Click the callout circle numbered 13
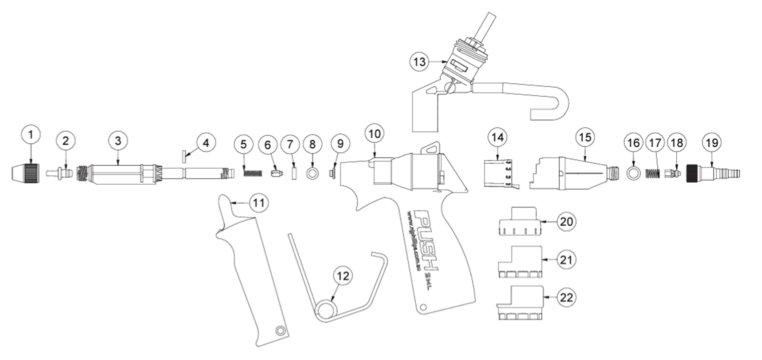(419, 62)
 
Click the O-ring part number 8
(312, 174)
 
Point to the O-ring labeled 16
(633, 174)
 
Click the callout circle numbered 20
(567, 221)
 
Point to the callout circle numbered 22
(567, 297)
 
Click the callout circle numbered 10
(375, 134)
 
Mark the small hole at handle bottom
(423, 307)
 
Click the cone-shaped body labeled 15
(571, 174)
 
